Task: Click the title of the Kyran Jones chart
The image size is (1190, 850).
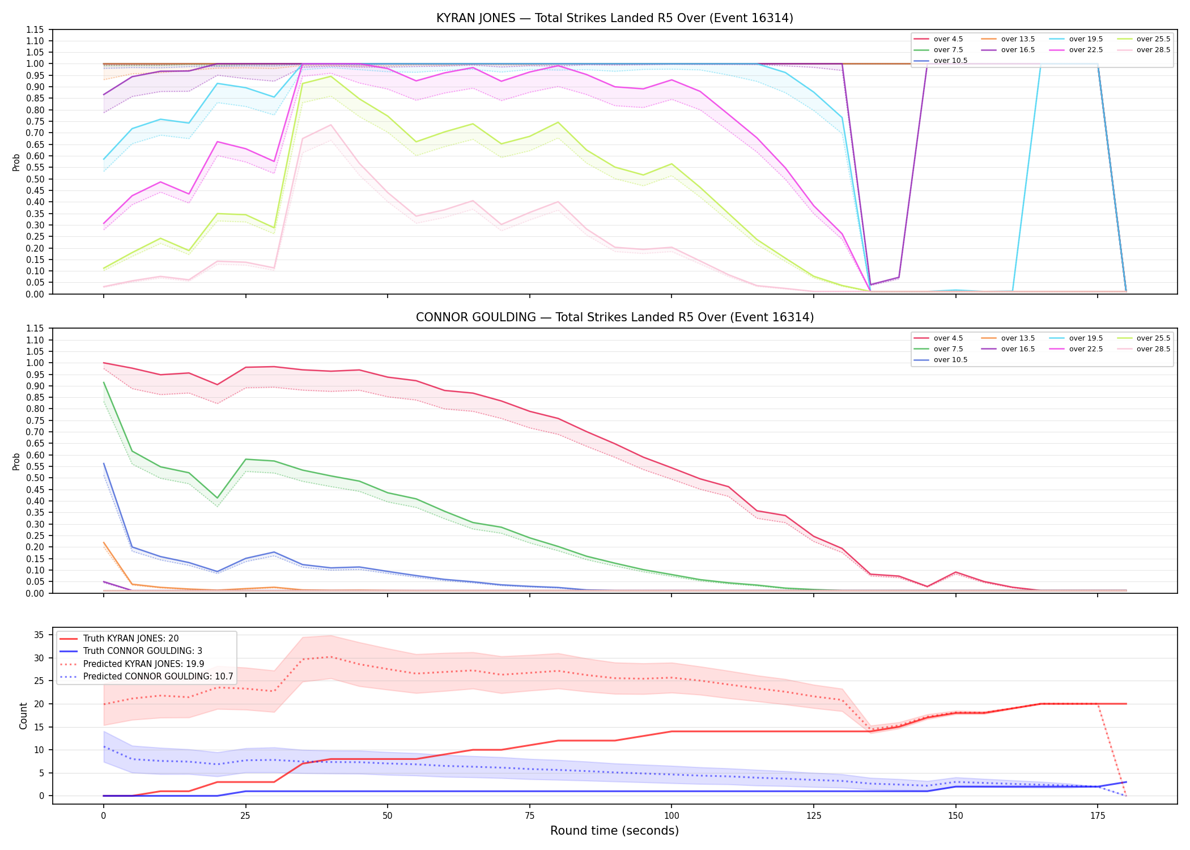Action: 614,18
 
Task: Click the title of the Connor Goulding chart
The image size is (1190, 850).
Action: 614,317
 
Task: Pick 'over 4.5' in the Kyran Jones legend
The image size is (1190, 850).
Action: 948,39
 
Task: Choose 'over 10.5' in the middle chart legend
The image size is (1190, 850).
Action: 950,360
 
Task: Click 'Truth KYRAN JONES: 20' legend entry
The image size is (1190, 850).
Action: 131,639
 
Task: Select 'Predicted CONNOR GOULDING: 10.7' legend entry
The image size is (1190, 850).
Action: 158,677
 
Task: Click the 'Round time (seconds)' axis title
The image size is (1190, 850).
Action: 614,831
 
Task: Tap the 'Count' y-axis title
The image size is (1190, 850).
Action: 23,716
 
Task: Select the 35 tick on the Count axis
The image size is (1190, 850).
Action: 40,635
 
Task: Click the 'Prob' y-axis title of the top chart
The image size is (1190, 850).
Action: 16,162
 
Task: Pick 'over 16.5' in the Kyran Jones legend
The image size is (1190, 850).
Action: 1018,50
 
